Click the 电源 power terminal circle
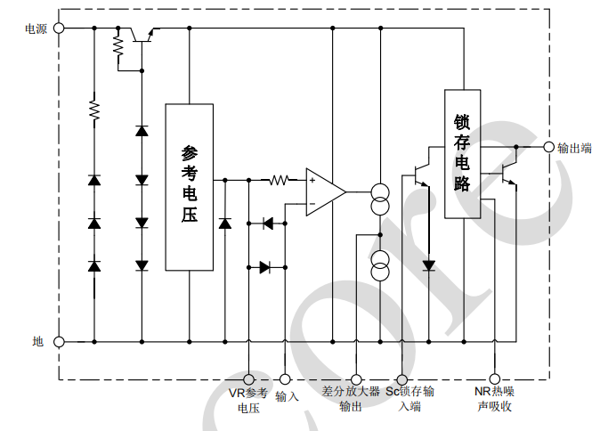[x=60, y=28]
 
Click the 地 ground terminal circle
[x=60, y=341]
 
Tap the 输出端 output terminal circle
[x=547, y=147]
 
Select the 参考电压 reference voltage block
[x=189, y=186]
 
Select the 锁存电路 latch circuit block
[x=462, y=153]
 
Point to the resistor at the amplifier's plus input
[x=280, y=180]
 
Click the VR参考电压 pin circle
[x=248, y=379]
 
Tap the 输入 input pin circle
[x=285, y=379]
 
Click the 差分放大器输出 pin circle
[x=356, y=379]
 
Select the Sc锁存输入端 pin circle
[x=402, y=379]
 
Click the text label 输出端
[x=574, y=148]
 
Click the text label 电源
[x=36, y=28]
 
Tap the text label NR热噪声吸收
[x=495, y=399]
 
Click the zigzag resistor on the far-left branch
[x=93, y=110]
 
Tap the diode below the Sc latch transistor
[x=428, y=265]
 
